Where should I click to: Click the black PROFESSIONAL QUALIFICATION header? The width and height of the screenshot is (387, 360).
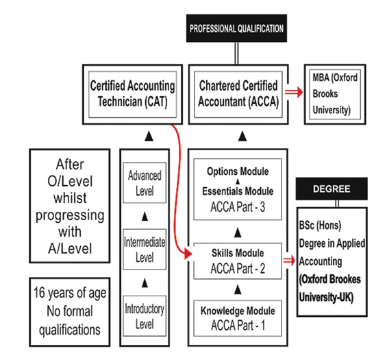[x=236, y=28]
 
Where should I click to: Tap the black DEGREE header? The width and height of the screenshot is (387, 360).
[x=332, y=189]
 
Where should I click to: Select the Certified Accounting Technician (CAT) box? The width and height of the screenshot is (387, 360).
[x=132, y=95]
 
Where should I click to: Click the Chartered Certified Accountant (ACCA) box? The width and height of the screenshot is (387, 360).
[x=238, y=95]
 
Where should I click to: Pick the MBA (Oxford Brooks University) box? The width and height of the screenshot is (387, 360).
[x=335, y=95]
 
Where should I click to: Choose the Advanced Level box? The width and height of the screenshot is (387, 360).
[x=145, y=183]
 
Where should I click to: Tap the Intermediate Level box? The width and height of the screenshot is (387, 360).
[x=145, y=250]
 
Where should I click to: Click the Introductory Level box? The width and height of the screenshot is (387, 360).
[x=145, y=316]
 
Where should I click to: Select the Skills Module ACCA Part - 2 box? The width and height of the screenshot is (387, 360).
[x=238, y=261]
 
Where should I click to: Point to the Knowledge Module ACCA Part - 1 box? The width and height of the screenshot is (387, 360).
[x=238, y=318]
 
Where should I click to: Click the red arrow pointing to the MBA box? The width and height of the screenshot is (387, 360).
[x=294, y=92]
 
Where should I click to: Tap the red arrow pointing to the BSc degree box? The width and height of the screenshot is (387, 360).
[x=289, y=260]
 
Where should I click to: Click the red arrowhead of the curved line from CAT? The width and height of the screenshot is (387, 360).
[x=188, y=254]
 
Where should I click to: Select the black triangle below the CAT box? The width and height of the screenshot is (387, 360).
[x=149, y=136]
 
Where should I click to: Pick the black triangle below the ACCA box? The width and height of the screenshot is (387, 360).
[x=242, y=136]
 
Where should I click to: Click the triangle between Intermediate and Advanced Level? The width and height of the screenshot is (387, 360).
[x=145, y=216]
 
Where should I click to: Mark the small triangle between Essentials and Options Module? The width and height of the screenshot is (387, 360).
[x=238, y=182]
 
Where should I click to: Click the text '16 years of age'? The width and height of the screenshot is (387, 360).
[x=70, y=293]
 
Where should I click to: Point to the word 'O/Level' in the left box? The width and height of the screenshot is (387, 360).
[x=70, y=181]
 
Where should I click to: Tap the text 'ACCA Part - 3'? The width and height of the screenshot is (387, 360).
[x=238, y=207]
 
